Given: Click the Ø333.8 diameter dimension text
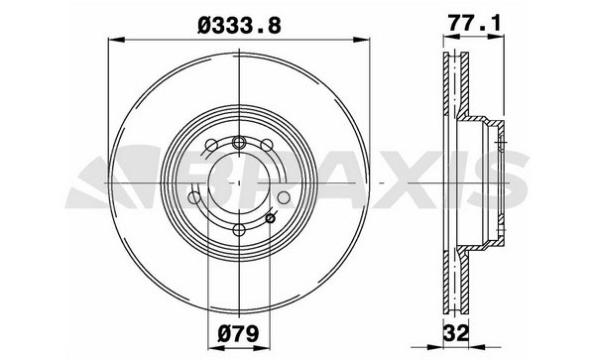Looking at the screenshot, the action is [x=239, y=26].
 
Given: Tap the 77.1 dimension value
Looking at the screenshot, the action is [x=474, y=23].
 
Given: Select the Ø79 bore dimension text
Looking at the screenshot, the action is [x=239, y=334].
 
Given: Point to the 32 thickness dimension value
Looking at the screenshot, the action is [x=456, y=334].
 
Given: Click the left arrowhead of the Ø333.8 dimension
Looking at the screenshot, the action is [x=116, y=40].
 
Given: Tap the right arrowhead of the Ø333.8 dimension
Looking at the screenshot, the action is [x=361, y=40].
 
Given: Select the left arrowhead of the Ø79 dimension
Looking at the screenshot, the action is [x=216, y=348].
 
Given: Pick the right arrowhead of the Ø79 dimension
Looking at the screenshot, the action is [x=262, y=348].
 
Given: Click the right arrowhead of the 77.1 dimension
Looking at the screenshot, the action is [x=496, y=37].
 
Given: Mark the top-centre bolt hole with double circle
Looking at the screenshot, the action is [x=239, y=143].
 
